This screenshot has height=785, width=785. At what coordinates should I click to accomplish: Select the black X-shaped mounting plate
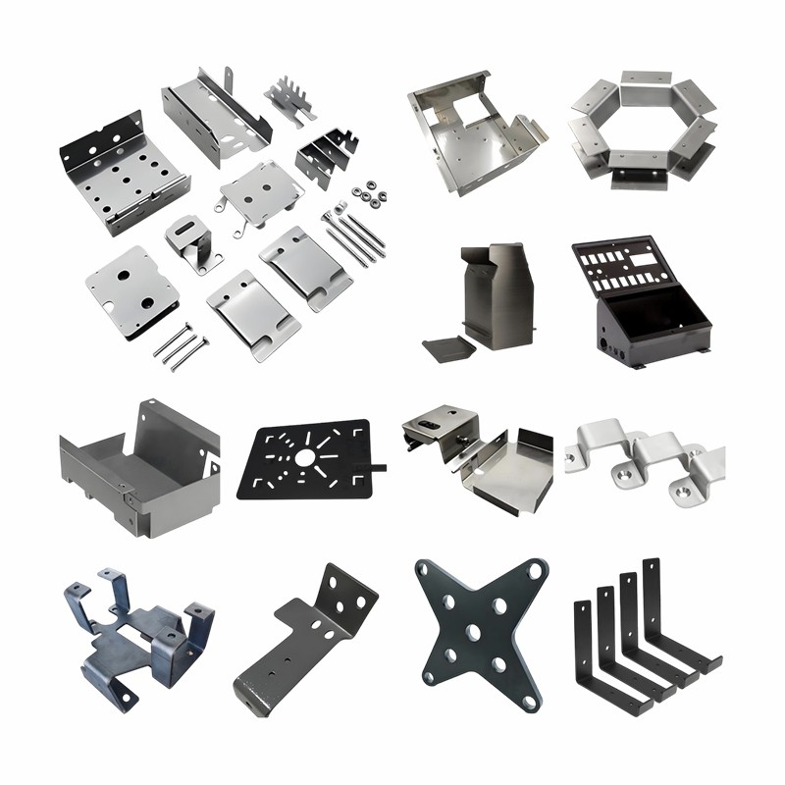(480, 633)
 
